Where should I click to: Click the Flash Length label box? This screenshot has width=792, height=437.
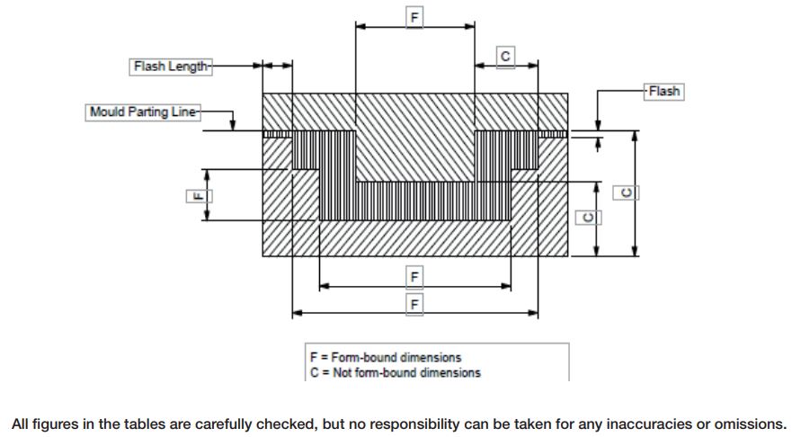171,67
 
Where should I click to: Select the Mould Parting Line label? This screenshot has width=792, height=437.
143,112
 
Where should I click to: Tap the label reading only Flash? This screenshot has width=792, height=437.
663,92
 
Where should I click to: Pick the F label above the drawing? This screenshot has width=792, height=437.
414,18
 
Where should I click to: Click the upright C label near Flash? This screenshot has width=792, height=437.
505,57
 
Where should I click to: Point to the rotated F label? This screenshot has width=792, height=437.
200,196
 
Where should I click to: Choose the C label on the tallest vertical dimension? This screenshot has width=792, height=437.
626,192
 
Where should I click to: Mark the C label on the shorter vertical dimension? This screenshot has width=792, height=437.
589,218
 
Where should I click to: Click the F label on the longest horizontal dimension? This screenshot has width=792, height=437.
414,305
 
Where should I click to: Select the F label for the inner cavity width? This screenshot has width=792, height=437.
414,277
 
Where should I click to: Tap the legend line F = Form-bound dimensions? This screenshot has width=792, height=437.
386,358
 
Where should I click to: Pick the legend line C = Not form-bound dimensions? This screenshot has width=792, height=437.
396,373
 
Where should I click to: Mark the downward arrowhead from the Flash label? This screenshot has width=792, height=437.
598,125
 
